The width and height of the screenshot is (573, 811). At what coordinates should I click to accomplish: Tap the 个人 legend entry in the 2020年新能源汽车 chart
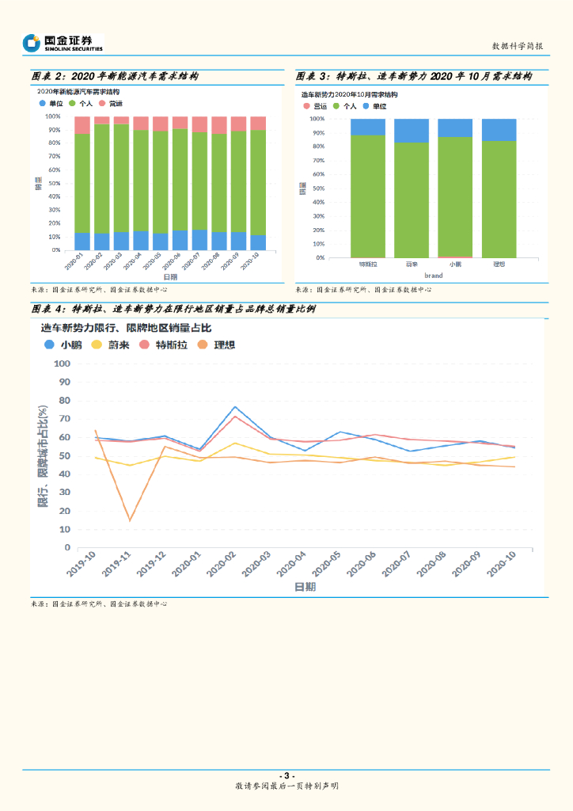(82, 104)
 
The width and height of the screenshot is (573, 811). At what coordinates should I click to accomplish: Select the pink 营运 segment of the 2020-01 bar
(82, 125)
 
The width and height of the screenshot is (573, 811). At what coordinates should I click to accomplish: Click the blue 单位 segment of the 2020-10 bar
(258, 242)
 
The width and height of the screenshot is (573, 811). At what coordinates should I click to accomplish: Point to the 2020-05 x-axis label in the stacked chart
(157, 261)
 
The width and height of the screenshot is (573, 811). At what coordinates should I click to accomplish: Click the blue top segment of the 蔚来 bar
(412, 131)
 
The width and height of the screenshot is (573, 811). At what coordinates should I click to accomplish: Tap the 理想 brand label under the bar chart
(499, 264)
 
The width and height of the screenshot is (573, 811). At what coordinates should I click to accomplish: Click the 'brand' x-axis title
(433, 275)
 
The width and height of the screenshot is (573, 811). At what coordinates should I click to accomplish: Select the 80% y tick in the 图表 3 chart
(317, 147)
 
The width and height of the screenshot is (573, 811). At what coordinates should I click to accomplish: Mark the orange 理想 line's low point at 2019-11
(130, 520)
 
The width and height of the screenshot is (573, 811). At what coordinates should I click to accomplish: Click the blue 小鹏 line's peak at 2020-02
(235, 407)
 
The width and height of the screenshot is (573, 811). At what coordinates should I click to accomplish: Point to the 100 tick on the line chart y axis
(62, 364)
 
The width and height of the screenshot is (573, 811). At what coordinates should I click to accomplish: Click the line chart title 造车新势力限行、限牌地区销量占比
(126, 326)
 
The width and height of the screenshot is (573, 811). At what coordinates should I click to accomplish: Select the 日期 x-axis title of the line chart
(305, 587)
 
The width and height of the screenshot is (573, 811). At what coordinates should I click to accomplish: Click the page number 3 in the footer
(286, 775)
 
